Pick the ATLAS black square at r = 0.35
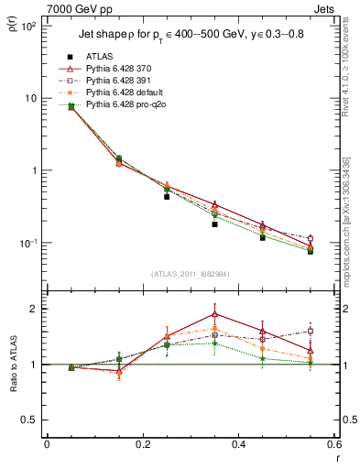214,224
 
